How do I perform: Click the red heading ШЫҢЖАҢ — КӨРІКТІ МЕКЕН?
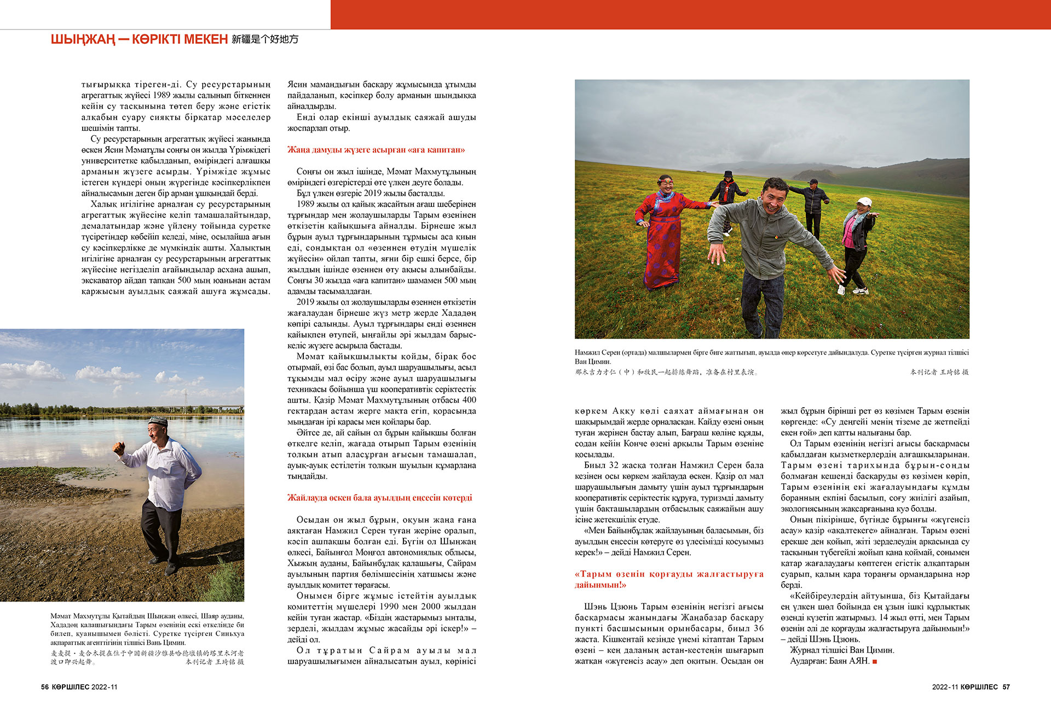click(x=139, y=39)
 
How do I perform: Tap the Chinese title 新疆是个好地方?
click(x=265, y=39)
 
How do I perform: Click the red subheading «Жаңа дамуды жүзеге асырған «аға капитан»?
click(x=376, y=149)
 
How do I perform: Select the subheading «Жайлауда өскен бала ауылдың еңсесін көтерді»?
click(x=379, y=497)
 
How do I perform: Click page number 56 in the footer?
click(x=45, y=687)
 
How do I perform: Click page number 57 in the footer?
click(x=1006, y=687)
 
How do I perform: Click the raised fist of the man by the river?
click(x=119, y=448)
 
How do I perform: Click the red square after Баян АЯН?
click(x=875, y=662)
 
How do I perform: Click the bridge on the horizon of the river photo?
click(x=219, y=408)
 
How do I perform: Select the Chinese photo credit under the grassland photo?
click(x=939, y=372)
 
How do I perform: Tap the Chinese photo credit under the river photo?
click(x=215, y=662)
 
